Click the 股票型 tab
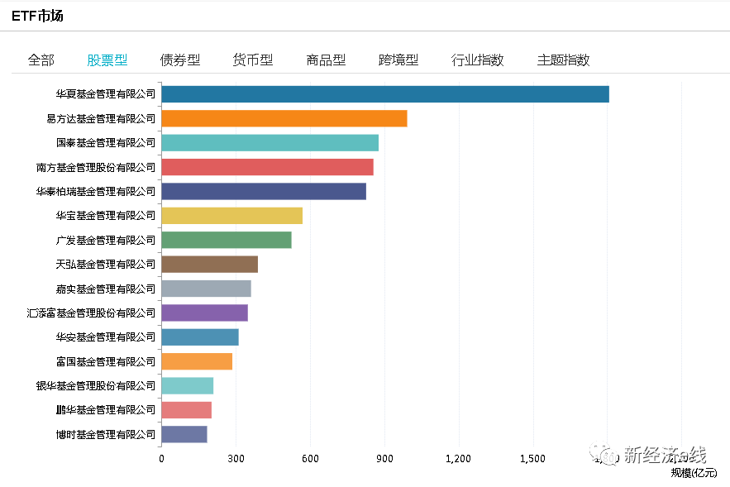[107, 60]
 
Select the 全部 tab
[41, 60]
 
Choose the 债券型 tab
[180, 60]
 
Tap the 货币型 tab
[253, 60]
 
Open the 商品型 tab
[326, 60]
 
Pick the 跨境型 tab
[398, 60]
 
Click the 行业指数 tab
[477, 60]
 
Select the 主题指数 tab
[563, 60]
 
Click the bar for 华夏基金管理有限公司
[384, 94]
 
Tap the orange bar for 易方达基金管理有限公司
[284, 118]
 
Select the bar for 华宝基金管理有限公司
[231, 216]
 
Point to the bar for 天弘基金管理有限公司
[209, 265]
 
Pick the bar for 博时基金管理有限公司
[184, 434]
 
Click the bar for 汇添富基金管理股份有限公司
[204, 313]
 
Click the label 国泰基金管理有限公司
[112, 143]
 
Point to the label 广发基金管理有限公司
[105, 241]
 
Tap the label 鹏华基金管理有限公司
[105, 409]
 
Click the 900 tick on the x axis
[384, 459]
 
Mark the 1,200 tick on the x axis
[458, 459]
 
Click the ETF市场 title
[37, 16]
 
